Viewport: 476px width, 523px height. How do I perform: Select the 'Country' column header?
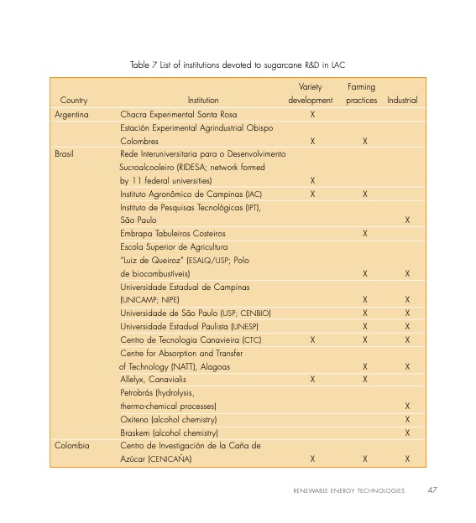[x=73, y=101]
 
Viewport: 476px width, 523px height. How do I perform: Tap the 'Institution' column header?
[x=203, y=101]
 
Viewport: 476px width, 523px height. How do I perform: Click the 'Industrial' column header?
[x=402, y=101]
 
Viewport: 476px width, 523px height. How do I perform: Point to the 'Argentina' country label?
[x=72, y=114]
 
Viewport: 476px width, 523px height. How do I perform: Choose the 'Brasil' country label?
[x=64, y=154]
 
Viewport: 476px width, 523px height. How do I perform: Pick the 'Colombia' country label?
[x=72, y=446]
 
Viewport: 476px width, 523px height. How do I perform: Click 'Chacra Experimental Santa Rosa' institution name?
[x=179, y=114]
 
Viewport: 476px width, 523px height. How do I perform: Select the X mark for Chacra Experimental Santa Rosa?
[x=312, y=114]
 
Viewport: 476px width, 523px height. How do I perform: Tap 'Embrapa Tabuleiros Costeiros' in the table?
[x=173, y=233]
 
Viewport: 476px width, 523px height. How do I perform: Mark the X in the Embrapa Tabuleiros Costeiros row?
[x=364, y=233]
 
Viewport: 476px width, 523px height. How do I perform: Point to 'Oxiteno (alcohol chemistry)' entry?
[x=169, y=419]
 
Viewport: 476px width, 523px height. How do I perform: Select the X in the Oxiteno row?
[x=407, y=419]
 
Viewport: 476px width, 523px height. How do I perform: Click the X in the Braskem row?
[x=407, y=432]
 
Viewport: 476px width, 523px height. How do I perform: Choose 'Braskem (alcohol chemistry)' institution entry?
[x=170, y=432]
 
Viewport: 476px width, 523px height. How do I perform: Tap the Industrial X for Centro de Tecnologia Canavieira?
[x=407, y=339]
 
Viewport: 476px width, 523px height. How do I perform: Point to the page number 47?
[x=432, y=490]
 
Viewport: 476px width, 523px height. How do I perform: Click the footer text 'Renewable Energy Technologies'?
[x=348, y=491]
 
